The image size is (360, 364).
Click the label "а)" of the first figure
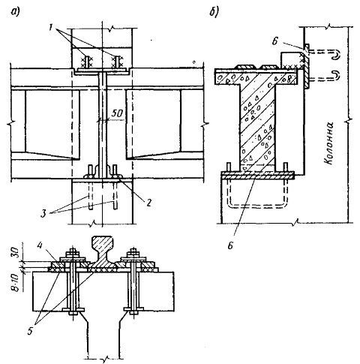(x=14, y=12)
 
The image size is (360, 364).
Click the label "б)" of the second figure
(x=214, y=11)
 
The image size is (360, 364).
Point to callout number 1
(x=52, y=27)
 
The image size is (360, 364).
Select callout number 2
(x=148, y=203)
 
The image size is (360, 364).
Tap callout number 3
(x=43, y=214)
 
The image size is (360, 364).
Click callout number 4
(x=39, y=246)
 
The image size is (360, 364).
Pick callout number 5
(x=30, y=331)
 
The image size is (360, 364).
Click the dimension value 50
(x=117, y=113)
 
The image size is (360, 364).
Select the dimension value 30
(x=16, y=253)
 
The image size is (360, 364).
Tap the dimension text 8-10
(x=16, y=283)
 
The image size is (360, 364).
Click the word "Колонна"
(x=328, y=143)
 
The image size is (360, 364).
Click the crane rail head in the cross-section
(x=103, y=242)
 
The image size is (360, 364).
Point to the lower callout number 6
(x=230, y=245)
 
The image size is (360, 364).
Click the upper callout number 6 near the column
(x=274, y=41)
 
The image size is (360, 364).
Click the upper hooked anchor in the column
(x=324, y=53)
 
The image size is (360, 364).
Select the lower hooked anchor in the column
(x=324, y=76)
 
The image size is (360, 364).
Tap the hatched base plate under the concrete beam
(x=257, y=176)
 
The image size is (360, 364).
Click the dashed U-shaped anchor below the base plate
(x=257, y=206)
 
